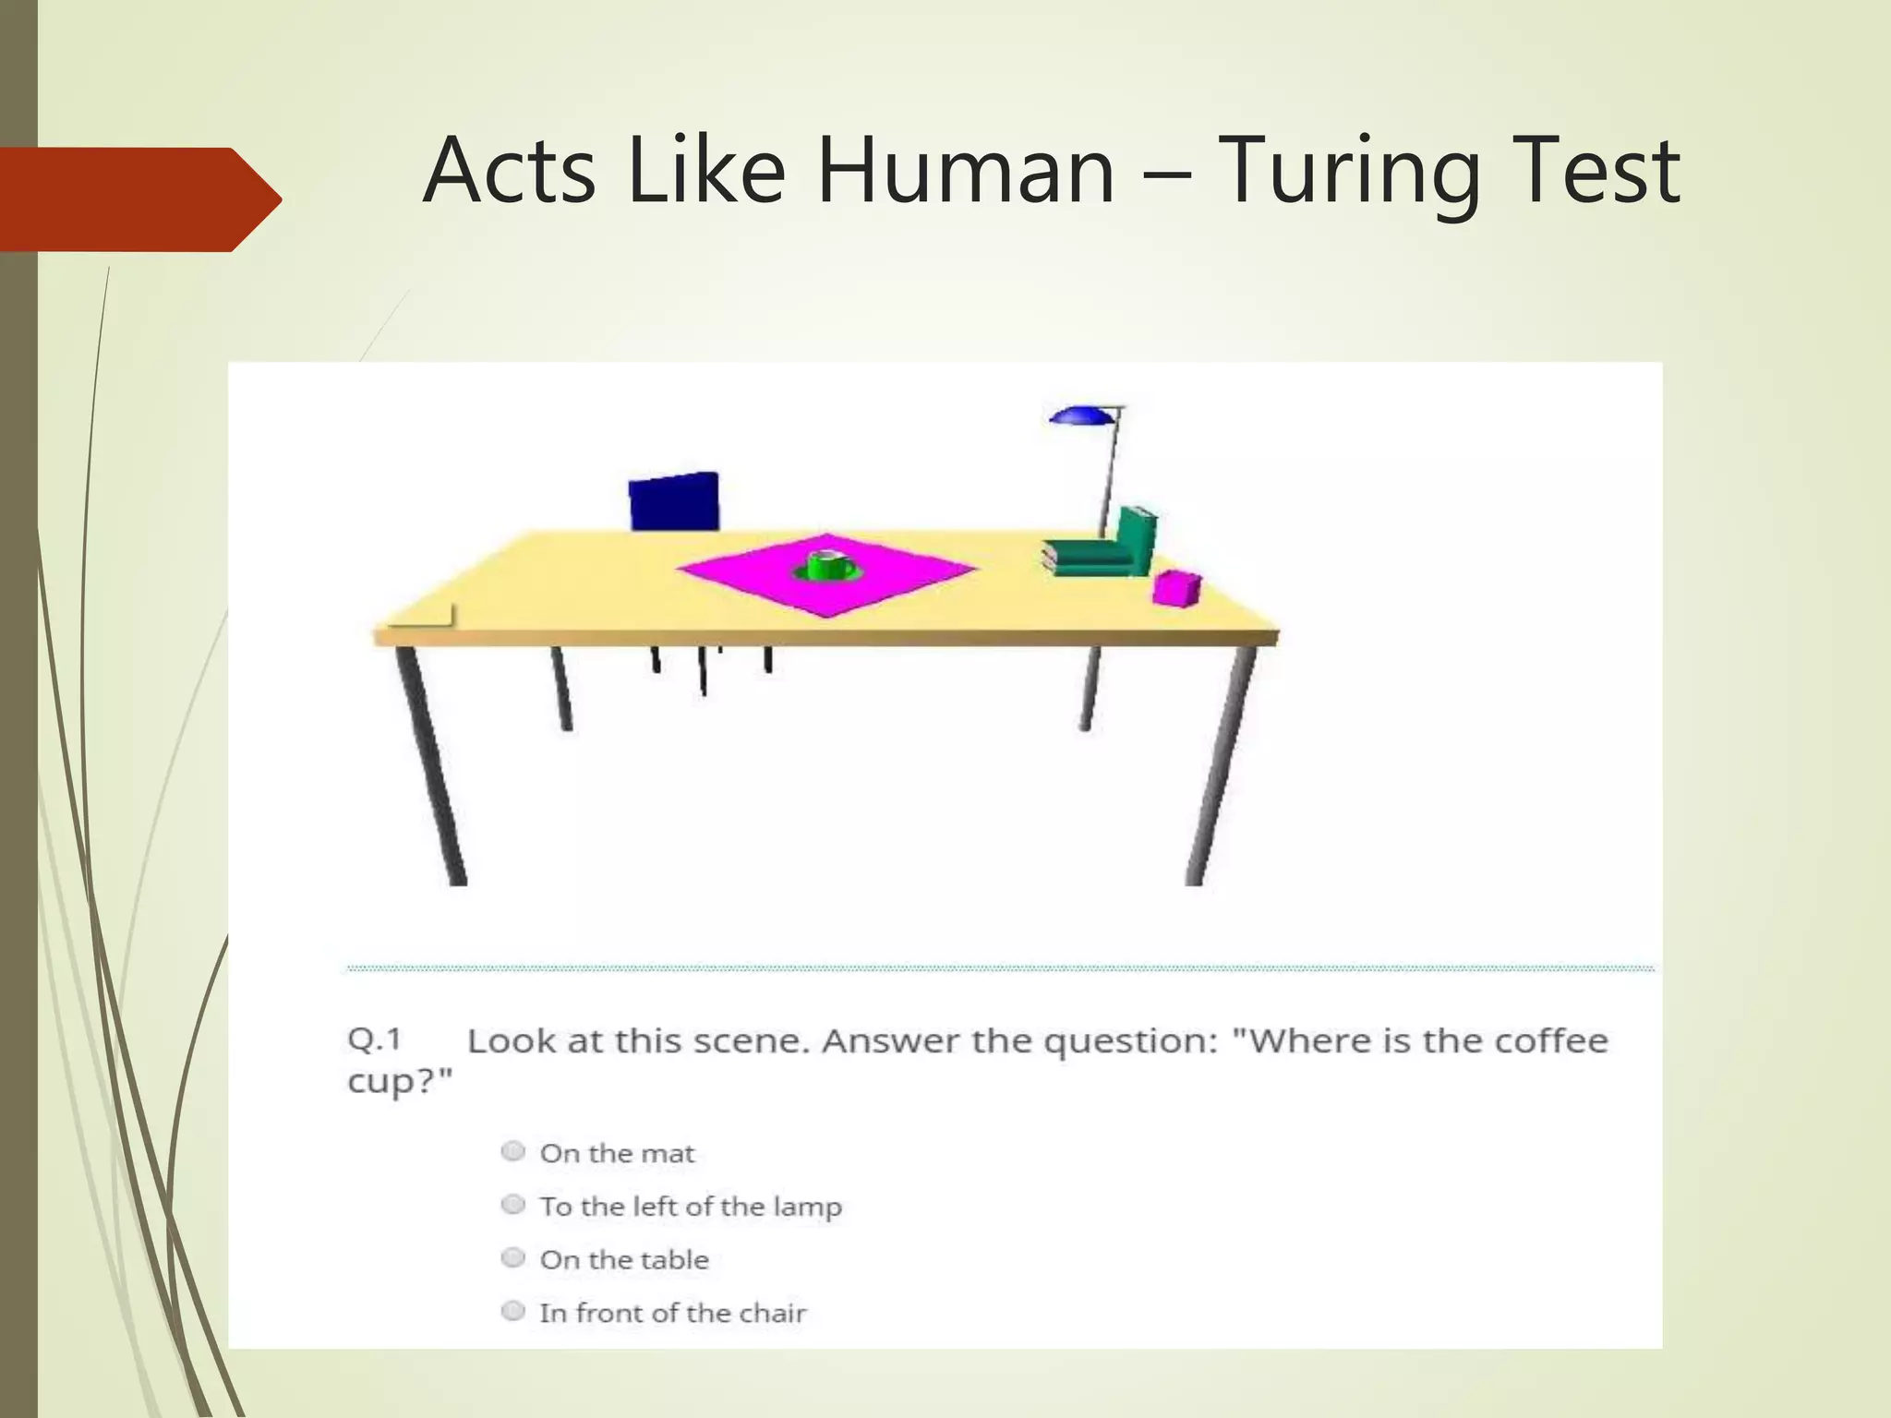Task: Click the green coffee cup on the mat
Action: pos(827,565)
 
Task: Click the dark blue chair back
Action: pos(673,502)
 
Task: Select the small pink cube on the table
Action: pos(1176,588)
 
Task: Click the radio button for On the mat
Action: pos(512,1151)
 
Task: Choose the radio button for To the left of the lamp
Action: pos(512,1205)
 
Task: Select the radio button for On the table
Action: pos(512,1258)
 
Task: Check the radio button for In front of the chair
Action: pos(512,1311)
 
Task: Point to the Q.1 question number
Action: pos(374,1040)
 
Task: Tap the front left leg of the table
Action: pos(431,766)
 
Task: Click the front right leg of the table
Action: pos(1220,766)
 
